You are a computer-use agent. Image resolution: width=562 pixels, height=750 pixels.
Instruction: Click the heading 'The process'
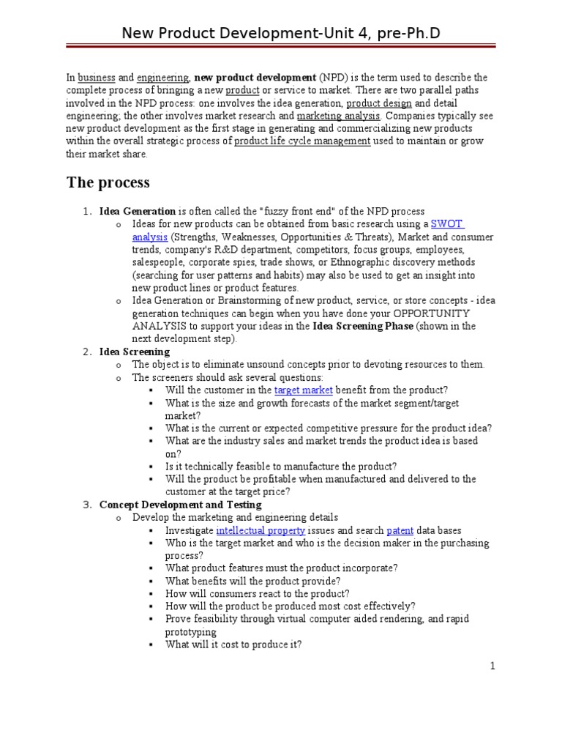pyautogui.click(x=108, y=182)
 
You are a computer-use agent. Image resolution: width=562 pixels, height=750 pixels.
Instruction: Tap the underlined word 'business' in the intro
pyautogui.click(x=97, y=78)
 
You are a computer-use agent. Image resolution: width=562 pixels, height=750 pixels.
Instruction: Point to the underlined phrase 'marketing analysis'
pyautogui.click(x=338, y=116)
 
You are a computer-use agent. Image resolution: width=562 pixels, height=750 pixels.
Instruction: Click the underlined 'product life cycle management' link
pyautogui.click(x=301, y=141)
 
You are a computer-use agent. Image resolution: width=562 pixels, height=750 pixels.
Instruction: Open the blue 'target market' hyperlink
pyautogui.click(x=303, y=390)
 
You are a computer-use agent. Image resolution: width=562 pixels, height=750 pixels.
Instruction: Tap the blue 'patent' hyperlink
pyautogui.click(x=400, y=530)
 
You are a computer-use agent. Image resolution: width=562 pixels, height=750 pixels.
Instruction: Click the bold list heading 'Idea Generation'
pyautogui.click(x=138, y=212)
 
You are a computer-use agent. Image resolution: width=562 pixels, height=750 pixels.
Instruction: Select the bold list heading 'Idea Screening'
pyautogui.click(x=135, y=352)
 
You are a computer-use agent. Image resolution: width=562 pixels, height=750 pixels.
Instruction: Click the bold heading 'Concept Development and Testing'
pyautogui.click(x=180, y=505)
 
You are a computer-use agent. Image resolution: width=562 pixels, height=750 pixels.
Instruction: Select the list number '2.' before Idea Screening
pyautogui.click(x=86, y=352)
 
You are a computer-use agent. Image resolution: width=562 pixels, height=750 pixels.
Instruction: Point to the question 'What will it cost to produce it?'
pyautogui.click(x=233, y=645)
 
